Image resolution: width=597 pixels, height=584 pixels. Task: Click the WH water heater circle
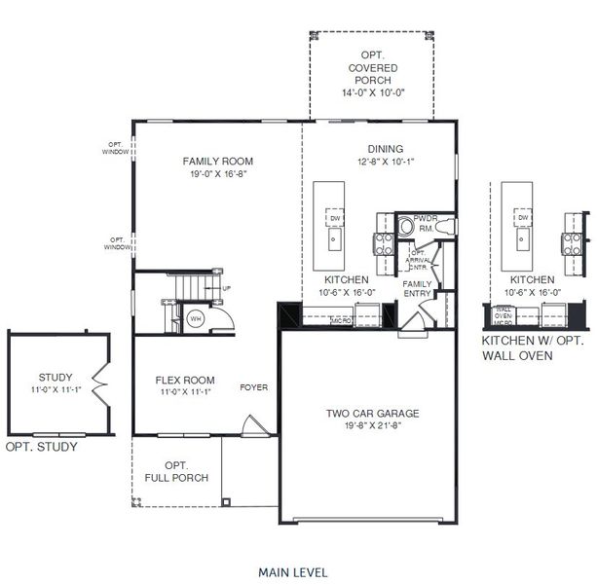coord(195,317)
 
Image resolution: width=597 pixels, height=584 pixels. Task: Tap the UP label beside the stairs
coord(227,289)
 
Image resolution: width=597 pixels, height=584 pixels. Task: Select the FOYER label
coord(254,387)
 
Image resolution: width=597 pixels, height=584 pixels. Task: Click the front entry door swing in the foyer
coord(251,425)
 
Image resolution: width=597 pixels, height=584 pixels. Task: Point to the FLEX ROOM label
coord(185,381)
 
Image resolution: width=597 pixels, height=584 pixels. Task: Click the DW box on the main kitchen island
coord(333,218)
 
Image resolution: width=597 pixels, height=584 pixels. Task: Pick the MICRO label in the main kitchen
coord(341,319)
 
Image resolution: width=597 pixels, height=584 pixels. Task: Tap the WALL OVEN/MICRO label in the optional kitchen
coord(504,315)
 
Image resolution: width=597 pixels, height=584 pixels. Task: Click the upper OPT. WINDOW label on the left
coord(116,149)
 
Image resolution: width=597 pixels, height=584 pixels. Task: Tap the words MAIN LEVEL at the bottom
coord(292,571)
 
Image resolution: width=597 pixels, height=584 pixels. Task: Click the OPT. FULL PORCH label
coord(176,472)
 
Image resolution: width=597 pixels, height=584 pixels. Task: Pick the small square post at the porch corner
coord(226,502)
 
